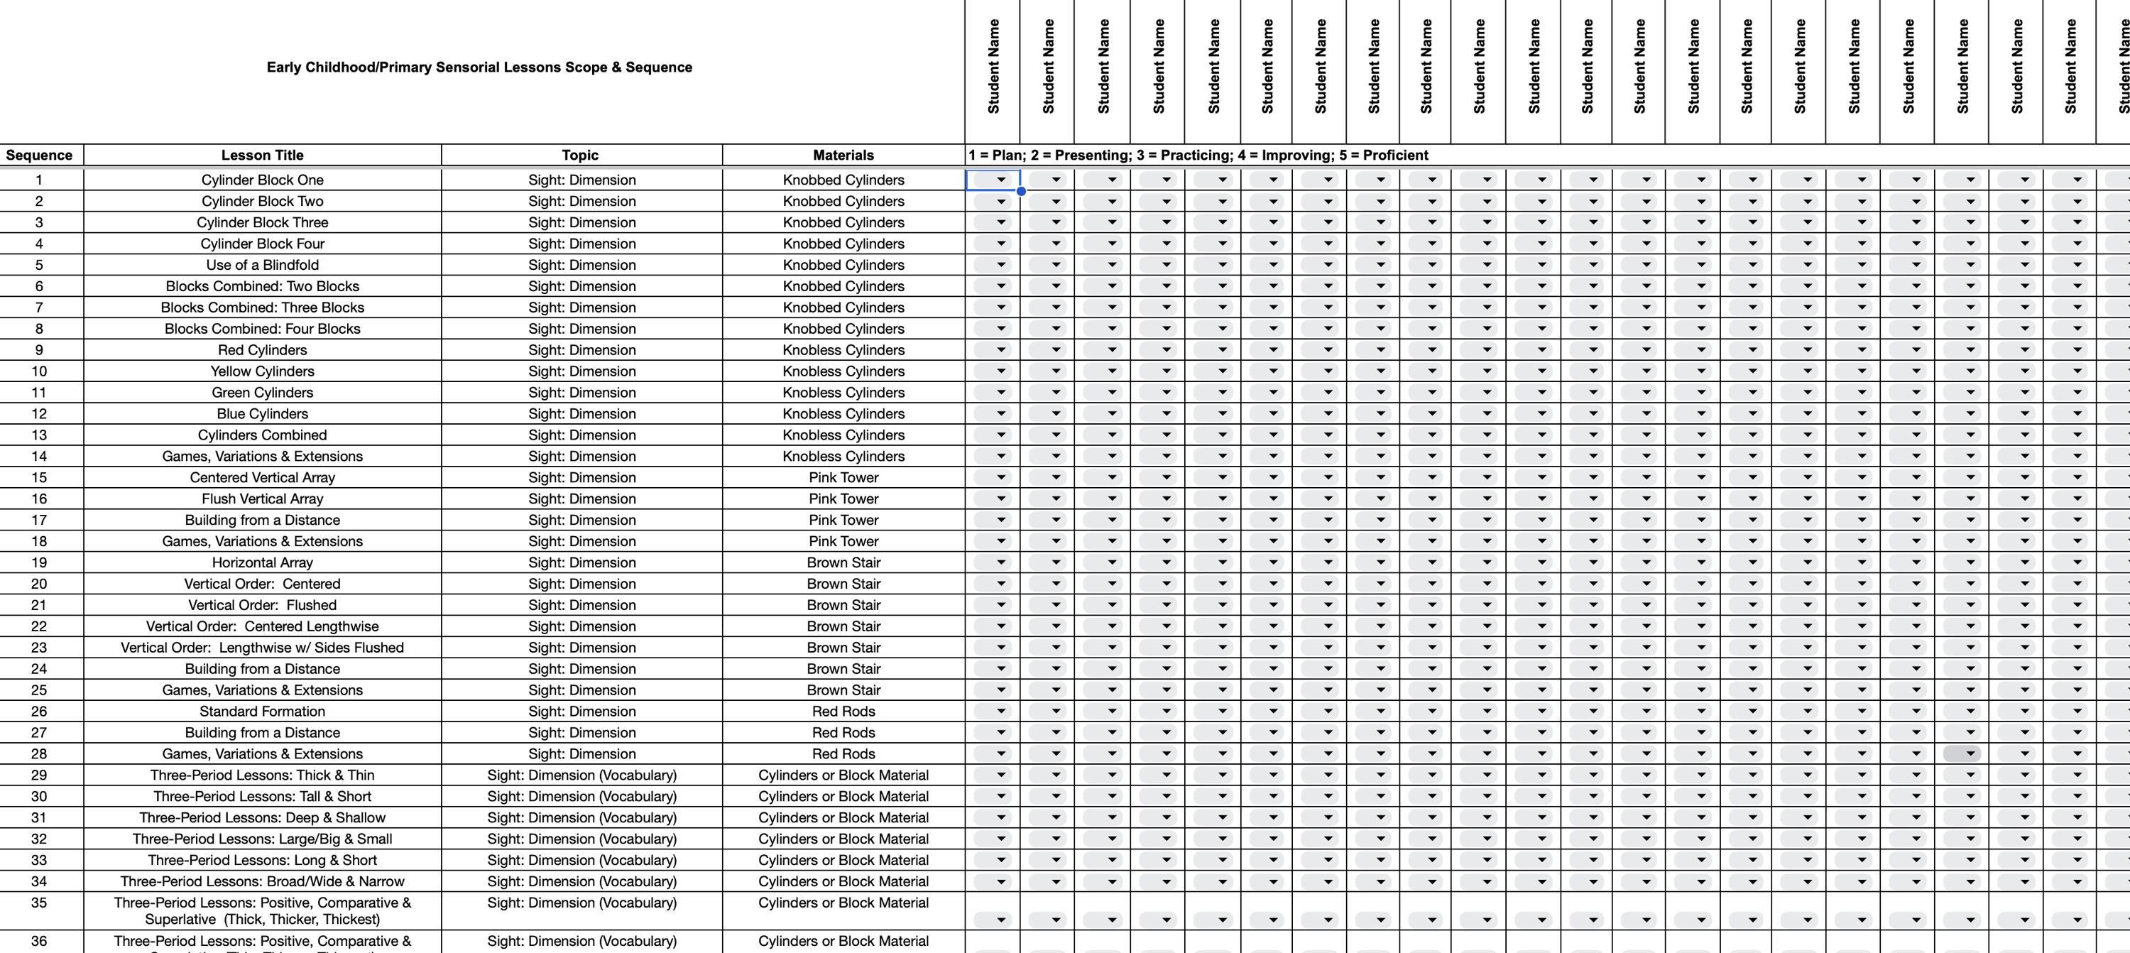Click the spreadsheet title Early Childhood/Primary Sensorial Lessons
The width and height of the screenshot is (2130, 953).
[x=479, y=67]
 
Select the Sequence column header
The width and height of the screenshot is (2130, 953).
[x=39, y=155]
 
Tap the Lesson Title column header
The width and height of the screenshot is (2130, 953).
[x=262, y=155]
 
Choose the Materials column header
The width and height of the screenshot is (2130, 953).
[x=843, y=155]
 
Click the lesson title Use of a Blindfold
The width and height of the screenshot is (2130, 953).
[x=262, y=265]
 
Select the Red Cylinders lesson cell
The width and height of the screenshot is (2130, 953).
[x=262, y=350]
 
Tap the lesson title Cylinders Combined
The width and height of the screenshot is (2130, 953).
[x=262, y=435]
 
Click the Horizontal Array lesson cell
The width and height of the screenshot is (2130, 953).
[x=262, y=562]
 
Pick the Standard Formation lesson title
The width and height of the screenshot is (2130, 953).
[x=262, y=712]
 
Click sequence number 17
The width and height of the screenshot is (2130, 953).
[x=39, y=521]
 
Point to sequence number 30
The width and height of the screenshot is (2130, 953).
[x=39, y=797]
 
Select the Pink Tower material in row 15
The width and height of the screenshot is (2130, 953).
[x=843, y=477]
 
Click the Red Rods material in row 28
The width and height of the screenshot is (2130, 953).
[x=843, y=753]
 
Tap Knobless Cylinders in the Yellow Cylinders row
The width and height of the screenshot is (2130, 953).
[x=843, y=371]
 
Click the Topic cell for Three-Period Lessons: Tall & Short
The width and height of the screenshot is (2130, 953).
[x=581, y=797]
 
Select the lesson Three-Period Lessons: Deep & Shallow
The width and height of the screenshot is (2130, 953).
[x=262, y=817]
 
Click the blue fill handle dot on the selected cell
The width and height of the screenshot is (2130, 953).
[x=1021, y=191]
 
